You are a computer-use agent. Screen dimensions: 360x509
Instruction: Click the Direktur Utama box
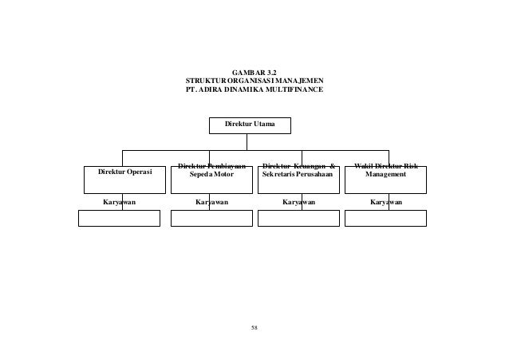[x=250, y=125]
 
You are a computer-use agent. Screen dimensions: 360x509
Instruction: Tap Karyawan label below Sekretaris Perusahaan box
[x=298, y=203]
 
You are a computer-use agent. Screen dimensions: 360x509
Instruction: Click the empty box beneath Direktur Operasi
[x=119, y=218]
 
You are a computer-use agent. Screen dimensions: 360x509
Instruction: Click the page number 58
[x=254, y=327]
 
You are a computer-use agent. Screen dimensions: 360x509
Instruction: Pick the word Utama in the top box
[x=264, y=125]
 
